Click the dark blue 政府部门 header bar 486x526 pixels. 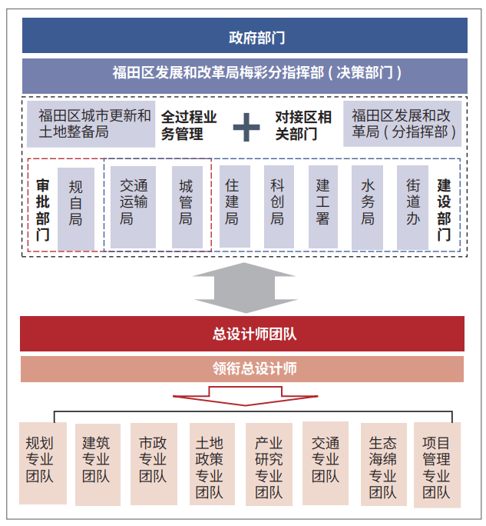(x=244, y=35)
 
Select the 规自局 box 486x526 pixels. (x=76, y=208)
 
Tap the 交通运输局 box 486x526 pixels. (x=133, y=207)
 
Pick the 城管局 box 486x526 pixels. (x=187, y=207)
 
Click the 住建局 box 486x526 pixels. (x=234, y=206)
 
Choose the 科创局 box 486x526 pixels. (x=279, y=207)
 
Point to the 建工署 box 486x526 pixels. (x=323, y=207)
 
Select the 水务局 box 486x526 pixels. (x=367, y=208)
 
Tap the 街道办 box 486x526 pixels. (x=412, y=208)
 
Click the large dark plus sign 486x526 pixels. (x=246, y=127)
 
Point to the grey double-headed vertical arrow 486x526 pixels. (x=246, y=288)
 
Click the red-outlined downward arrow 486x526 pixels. (x=245, y=396)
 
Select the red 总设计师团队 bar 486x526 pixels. (x=242, y=334)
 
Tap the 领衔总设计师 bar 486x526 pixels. (x=242, y=369)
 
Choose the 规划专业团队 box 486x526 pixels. (x=43, y=463)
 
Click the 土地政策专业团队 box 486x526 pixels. (x=212, y=464)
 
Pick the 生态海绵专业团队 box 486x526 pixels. (x=384, y=464)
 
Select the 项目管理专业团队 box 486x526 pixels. (x=437, y=465)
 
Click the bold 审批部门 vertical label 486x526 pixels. (x=42, y=210)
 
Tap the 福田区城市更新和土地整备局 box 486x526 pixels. (x=91, y=124)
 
